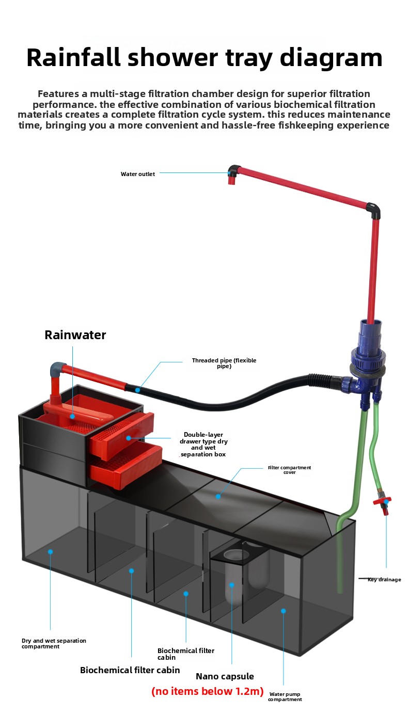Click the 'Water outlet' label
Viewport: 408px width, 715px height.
tap(137, 174)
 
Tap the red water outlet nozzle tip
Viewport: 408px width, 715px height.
tap(231, 181)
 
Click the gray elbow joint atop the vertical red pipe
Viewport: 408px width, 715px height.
tap(374, 210)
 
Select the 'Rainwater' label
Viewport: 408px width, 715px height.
tap(75, 335)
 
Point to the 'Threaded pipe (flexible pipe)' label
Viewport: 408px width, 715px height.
tap(224, 363)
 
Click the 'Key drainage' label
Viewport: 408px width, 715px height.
tap(384, 580)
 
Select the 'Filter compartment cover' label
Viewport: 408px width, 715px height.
tap(289, 470)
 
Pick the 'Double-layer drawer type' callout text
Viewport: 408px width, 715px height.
tap(203, 444)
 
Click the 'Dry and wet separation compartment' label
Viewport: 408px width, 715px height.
tap(54, 643)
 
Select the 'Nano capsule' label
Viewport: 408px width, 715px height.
tap(225, 676)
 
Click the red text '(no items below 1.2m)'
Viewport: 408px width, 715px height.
tap(207, 692)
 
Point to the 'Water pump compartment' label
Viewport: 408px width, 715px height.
tap(285, 697)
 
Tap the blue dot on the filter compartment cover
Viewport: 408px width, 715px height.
tap(218, 496)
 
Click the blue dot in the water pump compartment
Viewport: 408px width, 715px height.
tap(283, 611)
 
